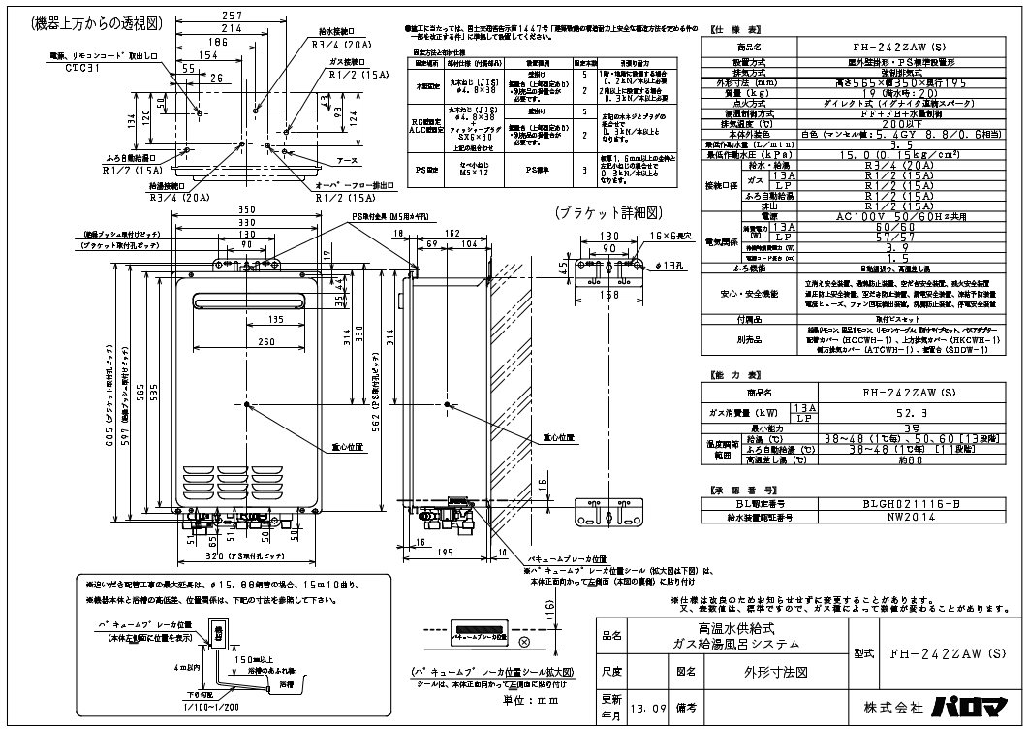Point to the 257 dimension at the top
pos(231,16)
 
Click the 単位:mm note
pos(511,696)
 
